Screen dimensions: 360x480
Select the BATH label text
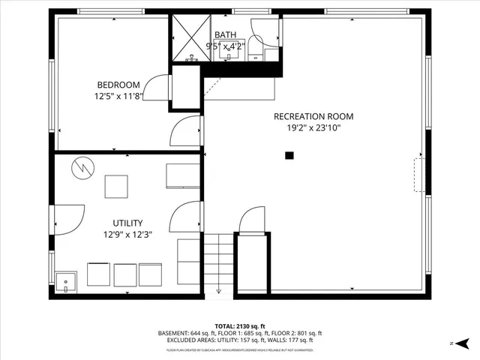pyautogui.click(x=225, y=35)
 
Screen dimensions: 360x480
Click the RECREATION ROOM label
pyautogui.click(x=313, y=116)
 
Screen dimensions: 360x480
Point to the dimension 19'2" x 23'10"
pyautogui.click(x=313, y=127)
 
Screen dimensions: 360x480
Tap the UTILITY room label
pyautogui.click(x=127, y=223)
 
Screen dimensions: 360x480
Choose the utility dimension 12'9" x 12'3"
pyautogui.click(x=127, y=235)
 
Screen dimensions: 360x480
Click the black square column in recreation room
pyautogui.click(x=289, y=156)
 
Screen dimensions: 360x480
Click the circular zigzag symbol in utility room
pyautogui.click(x=82, y=168)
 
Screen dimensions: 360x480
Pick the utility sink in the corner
pyautogui.click(x=67, y=282)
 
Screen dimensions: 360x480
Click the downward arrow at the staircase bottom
pyautogui.click(x=219, y=291)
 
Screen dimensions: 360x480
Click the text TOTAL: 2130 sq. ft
pyautogui.click(x=240, y=325)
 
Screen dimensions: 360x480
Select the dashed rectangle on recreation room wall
pyautogui.click(x=418, y=175)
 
